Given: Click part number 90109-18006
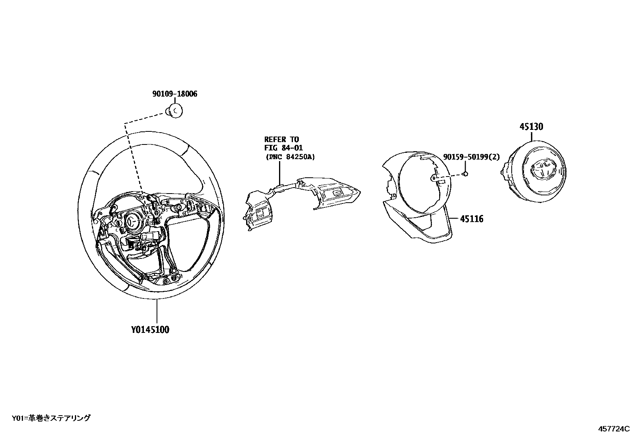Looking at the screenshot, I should [174, 94].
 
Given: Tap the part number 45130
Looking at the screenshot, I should [531, 127].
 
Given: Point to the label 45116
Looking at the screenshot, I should [472, 218].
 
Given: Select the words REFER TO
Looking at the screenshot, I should [281, 139].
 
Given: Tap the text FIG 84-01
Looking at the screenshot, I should [283, 148].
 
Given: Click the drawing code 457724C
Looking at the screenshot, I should [614, 429].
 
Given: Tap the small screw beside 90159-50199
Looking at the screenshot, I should [466, 173].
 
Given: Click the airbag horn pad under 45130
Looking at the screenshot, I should [535, 174].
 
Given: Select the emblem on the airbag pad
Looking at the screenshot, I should [543, 170].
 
